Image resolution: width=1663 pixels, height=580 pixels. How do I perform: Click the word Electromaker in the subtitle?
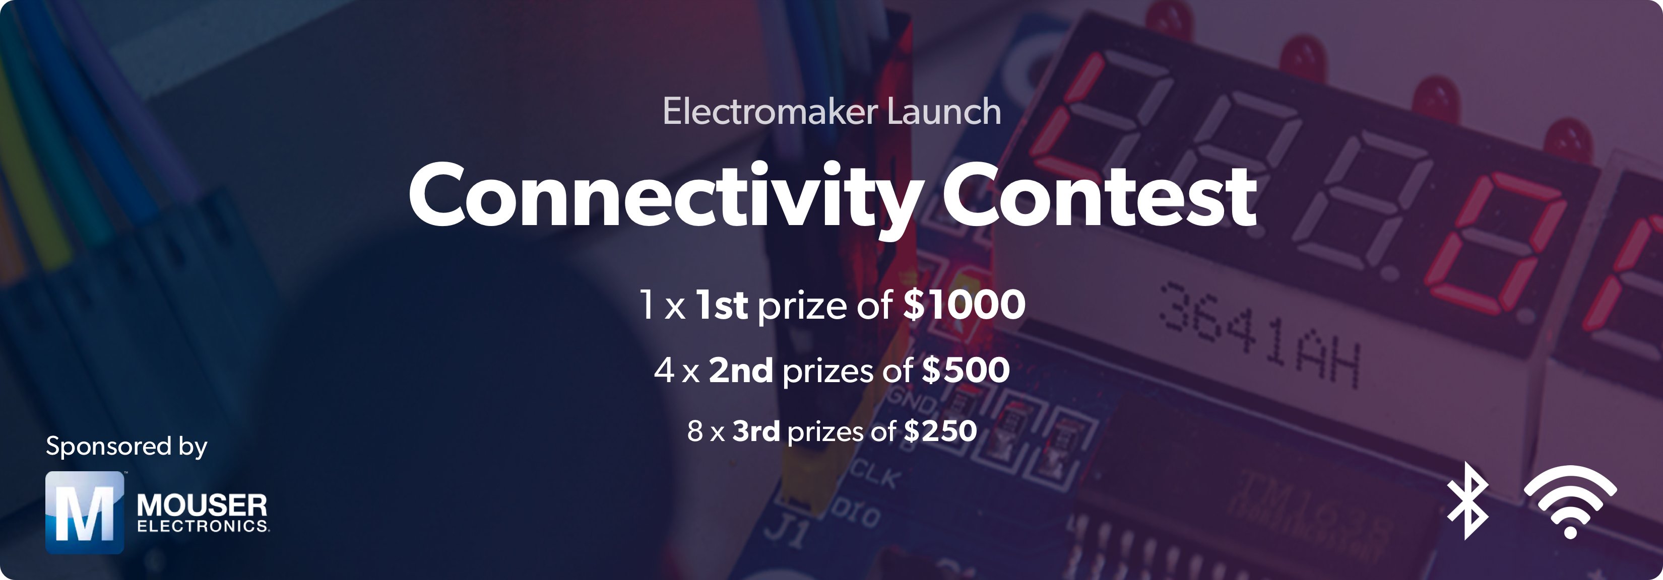[x=770, y=112]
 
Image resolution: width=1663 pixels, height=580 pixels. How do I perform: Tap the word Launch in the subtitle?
[x=944, y=112]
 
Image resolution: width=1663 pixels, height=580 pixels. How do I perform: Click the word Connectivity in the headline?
[x=665, y=197]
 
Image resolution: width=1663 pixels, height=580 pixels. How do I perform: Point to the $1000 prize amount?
[x=965, y=305]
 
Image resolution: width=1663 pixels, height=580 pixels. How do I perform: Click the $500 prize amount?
[x=966, y=371]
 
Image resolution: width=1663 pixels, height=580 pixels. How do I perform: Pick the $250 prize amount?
[x=940, y=431]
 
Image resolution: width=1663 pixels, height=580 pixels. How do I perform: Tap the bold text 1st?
[x=722, y=305]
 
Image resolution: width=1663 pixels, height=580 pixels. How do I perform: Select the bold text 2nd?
[x=740, y=371]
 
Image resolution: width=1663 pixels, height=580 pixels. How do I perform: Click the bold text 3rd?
[x=756, y=431]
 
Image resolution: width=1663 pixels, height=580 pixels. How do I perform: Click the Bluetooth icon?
[x=1467, y=500]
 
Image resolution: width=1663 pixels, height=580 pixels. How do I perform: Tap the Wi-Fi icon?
[x=1570, y=502]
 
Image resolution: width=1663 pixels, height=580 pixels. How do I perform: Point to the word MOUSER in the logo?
[x=202, y=504]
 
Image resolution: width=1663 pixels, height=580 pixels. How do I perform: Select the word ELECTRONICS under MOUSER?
[x=203, y=527]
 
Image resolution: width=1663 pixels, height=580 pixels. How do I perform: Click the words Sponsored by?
[x=126, y=447]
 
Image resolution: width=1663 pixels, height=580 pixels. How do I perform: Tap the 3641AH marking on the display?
[x=1259, y=335]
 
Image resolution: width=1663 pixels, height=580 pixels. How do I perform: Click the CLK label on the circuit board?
[x=875, y=475]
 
